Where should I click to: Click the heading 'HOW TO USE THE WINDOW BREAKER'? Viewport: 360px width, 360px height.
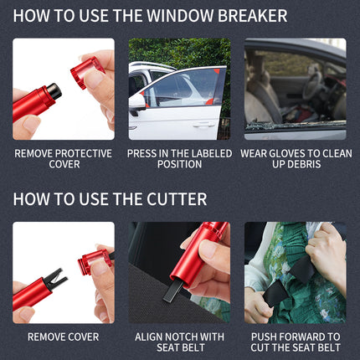click(x=150, y=16)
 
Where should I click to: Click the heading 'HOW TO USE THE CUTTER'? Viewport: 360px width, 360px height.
click(x=110, y=199)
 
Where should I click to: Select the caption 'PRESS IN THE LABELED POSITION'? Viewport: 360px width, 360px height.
click(x=179, y=158)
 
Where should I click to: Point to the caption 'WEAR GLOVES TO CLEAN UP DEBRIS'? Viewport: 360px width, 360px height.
click(x=295, y=158)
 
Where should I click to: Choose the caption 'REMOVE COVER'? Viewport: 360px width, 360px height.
click(x=63, y=337)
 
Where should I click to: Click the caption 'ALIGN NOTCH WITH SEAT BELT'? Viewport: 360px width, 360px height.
click(x=179, y=342)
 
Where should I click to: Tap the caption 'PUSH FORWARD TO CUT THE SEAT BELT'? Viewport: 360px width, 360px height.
click(x=295, y=342)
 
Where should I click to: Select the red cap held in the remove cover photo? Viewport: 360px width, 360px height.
click(x=93, y=263)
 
